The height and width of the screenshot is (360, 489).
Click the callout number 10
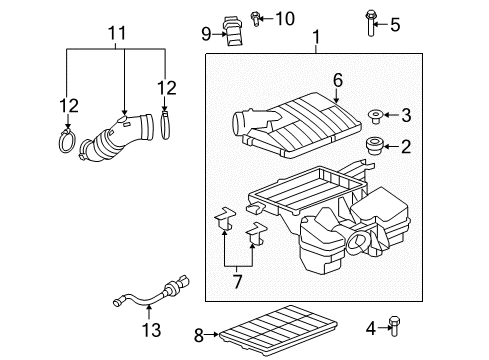click(258, 18)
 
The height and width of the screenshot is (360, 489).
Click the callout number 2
click(406, 147)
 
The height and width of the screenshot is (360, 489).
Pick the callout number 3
click(406, 115)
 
